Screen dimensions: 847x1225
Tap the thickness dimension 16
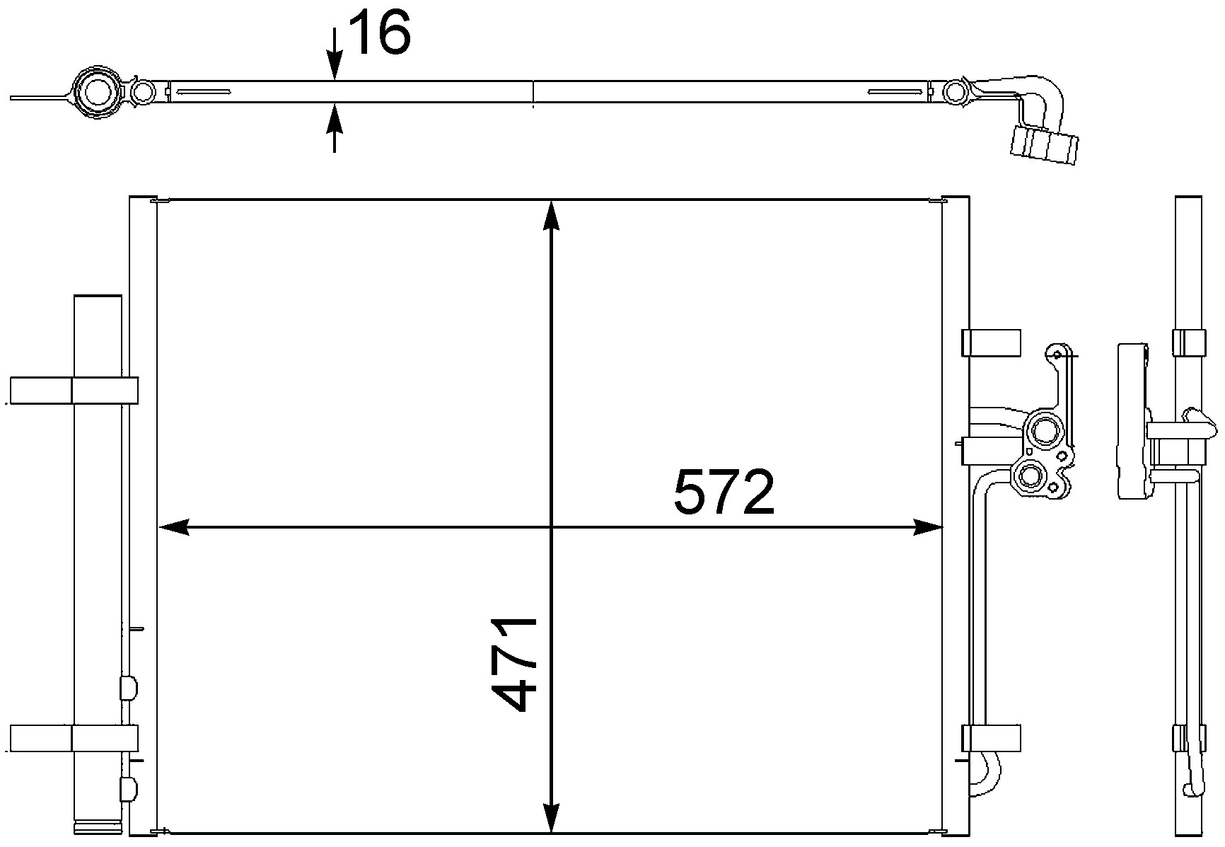coord(380,33)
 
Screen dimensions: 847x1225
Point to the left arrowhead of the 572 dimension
coord(174,526)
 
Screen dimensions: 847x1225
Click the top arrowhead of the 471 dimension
coord(552,217)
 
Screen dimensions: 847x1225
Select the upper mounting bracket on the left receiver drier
coord(74,391)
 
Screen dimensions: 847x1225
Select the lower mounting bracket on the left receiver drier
coord(74,738)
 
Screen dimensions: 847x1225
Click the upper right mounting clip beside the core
coord(992,342)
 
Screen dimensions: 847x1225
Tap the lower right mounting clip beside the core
coord(992,737)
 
